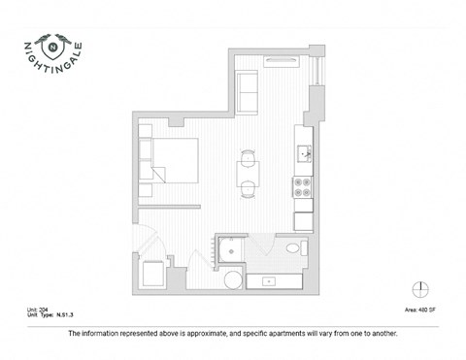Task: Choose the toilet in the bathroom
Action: point(294,251)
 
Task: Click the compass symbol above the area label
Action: point(420,288)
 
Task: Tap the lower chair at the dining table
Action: point(248,188)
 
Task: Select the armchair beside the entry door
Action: point(154,275)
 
